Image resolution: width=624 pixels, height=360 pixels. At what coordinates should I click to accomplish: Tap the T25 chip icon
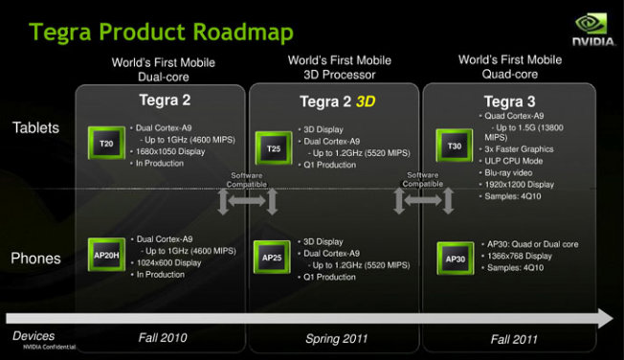click(272, 148)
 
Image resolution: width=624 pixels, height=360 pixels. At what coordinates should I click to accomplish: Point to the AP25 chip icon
click(272, 258)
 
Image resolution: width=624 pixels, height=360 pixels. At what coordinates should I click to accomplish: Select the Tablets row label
click(35, 127)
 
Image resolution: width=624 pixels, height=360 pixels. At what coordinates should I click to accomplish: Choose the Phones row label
click(35, 258)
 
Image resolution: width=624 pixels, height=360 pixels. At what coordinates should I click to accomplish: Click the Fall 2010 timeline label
click(164, 338)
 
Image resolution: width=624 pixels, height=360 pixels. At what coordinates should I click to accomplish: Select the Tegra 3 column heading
click(507, 101)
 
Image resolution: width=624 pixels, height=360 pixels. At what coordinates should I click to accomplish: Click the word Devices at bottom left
click(33, 336)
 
